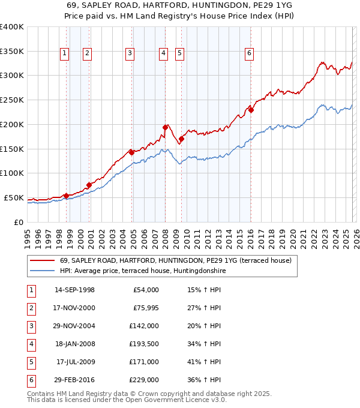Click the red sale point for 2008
(x=165, y=127)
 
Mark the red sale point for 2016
(x=251, y=110)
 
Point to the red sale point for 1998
(x=66, y=196)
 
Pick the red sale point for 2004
(x=131, y=152)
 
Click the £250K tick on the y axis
(x=12, y=100)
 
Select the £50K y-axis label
(x=14, y=197)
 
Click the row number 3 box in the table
(x=30, y=326)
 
